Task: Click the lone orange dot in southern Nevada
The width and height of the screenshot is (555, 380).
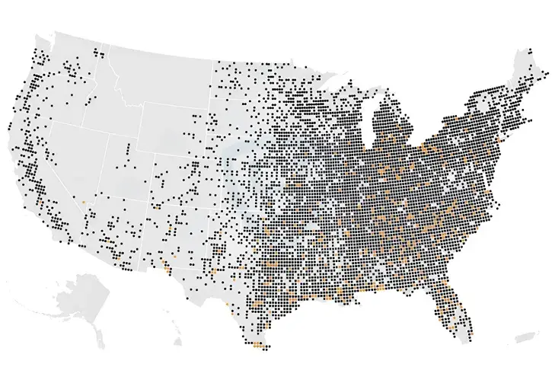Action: click(82, 202)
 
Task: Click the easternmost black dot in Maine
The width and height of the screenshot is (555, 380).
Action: click(547, 74)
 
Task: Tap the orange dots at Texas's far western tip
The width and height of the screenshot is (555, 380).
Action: click(166, 267)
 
